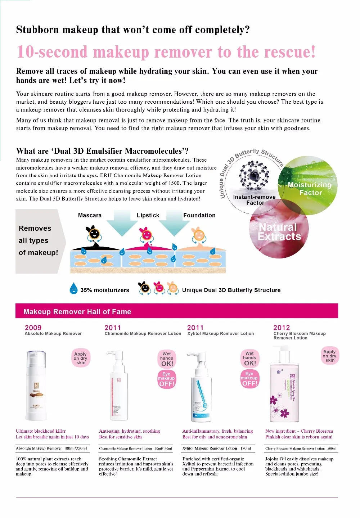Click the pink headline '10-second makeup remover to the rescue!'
click(166, 52)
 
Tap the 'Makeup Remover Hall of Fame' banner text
click(77, 312)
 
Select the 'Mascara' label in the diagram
click(90, 215)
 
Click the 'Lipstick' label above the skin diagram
click(148, 215)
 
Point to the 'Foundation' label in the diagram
click(199, 215)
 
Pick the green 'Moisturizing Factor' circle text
click(310, 189)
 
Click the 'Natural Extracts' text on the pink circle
click(279, 232)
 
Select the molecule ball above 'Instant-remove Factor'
click(254, 176)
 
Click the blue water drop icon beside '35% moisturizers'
click(73, 289)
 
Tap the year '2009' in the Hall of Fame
click(33, 328)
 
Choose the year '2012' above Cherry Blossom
click(282, 328)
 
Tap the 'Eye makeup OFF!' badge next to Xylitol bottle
click(249, 379)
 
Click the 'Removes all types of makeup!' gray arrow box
click(38, 240)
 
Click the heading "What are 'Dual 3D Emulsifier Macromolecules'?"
click(102, 151)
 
